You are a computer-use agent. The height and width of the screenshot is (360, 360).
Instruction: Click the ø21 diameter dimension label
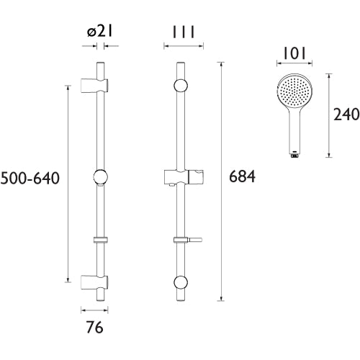click(x=100, y=32)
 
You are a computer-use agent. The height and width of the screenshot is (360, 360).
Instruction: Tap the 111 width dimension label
click(x=184, y=32)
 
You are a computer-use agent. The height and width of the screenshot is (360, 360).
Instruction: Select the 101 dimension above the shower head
click(x=294, y=53)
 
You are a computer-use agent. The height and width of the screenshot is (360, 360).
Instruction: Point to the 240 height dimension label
click(x=346, y=114)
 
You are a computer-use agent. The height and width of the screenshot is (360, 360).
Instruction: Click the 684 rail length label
click(x=242, y=176)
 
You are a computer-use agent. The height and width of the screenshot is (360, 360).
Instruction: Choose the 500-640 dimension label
click(x=30, y=179)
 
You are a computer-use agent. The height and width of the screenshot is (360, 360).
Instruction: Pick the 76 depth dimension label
click(x=95, y=328)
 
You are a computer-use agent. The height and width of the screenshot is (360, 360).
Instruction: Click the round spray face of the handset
click(x=294, y=91)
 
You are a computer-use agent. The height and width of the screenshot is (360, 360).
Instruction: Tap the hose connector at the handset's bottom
click(x=294, y=155)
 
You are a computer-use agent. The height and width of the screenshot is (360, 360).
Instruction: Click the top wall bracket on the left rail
click(x=94, y=85)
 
